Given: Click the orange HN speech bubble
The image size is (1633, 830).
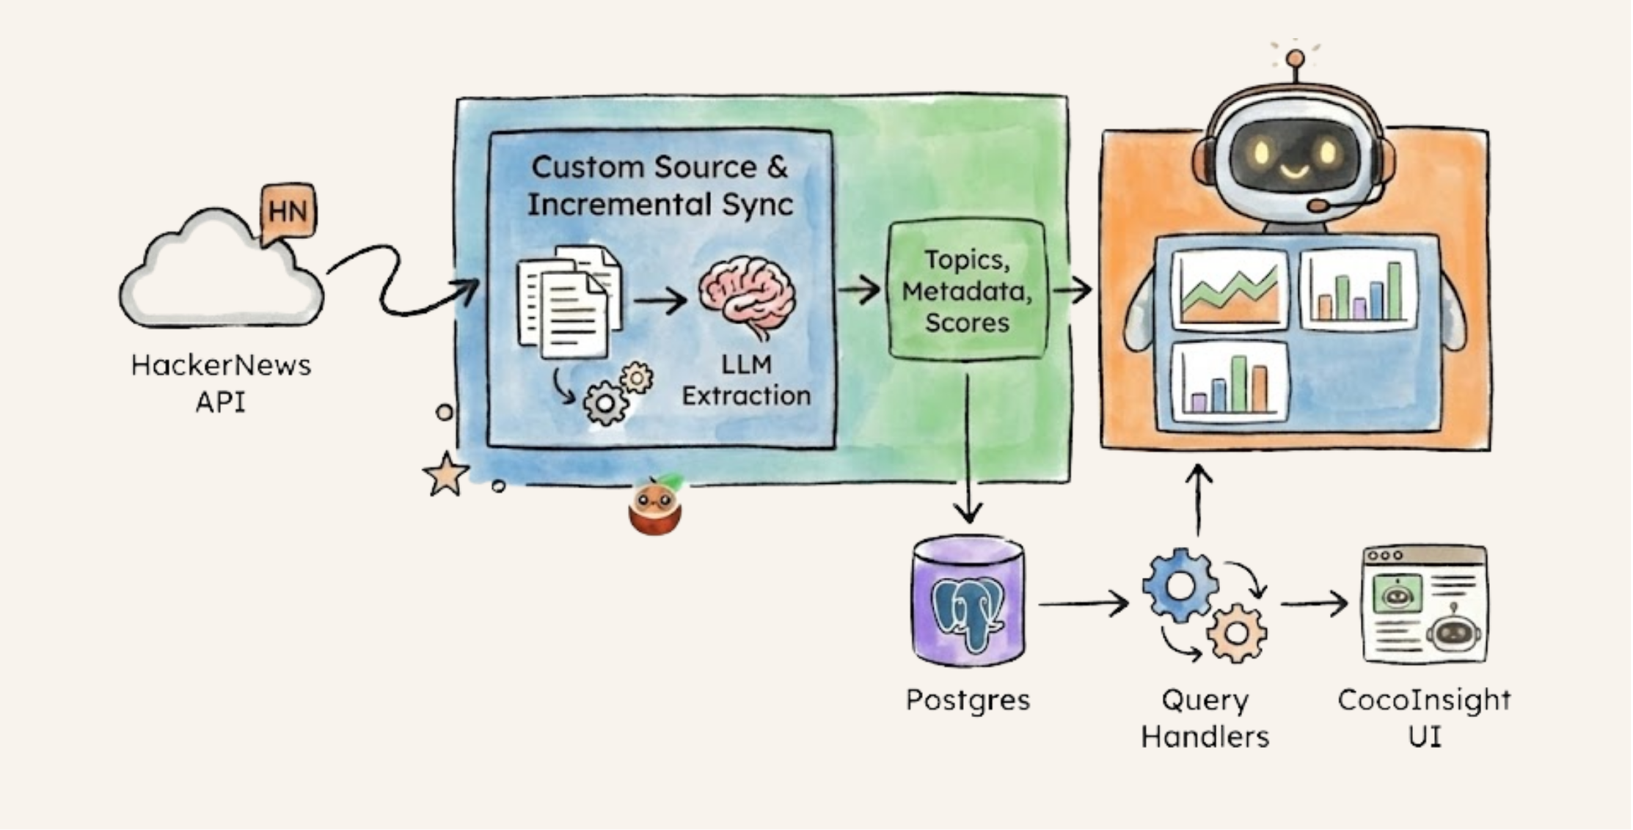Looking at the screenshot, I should pos(288,212).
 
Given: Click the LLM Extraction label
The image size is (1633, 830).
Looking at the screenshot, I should pos(746,380).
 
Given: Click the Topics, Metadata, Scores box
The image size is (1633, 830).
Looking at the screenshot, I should pos(967,291).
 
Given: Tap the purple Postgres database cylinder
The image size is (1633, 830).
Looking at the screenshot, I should pos(968,603).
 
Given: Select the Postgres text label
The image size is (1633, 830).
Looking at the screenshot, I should pos(968,700).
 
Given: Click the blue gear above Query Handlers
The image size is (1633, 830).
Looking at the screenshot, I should pos(1180,586).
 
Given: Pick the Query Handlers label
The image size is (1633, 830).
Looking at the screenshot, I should pos(1205,719).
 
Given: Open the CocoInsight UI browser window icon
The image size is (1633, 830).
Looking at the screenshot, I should pos(1424,605).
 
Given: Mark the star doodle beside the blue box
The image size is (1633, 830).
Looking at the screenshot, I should pos(445,474).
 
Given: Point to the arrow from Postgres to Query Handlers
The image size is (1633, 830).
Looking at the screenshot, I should pos(1083,604).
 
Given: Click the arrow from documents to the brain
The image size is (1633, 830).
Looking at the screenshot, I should pos(660,300).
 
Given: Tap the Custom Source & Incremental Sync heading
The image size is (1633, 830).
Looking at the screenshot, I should pos(660,186).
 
